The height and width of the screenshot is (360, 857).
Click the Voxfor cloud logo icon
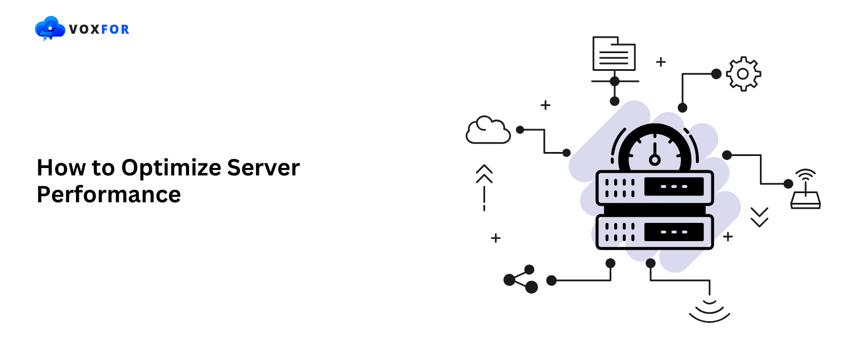point(50,29)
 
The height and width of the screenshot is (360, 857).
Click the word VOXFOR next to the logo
point(99,29)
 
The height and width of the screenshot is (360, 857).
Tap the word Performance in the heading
point(109,194)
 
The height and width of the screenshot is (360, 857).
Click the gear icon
point(743,73)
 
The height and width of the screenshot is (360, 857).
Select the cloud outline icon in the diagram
point(487,130)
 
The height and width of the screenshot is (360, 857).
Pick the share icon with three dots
point(520,279)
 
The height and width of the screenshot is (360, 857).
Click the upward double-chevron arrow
point(484,174)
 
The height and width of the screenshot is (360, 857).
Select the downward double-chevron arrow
point(759,217)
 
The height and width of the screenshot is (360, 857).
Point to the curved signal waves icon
point(710,311)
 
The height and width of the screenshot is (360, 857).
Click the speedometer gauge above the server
point(655,149)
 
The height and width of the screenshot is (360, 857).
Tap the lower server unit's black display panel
point(674,231)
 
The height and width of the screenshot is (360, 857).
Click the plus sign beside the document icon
point(660,62)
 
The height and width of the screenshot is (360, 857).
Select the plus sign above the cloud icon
point(545,105)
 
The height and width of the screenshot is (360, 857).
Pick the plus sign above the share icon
point(495,238)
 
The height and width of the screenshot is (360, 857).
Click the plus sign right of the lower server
point(727,236)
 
